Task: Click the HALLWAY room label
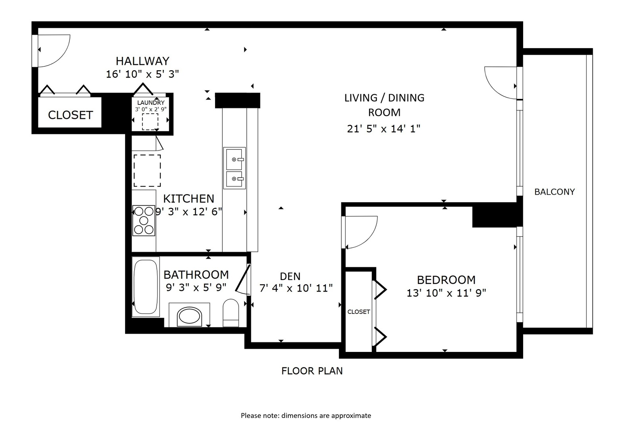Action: point(142,61)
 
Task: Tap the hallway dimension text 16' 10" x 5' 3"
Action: point(142,74)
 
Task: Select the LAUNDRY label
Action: point(151,103)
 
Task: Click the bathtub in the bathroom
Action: point(146,286)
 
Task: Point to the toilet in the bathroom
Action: point(231,313)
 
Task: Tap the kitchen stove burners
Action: point(143,220)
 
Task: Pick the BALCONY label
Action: point(554,191)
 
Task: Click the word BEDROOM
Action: point(446,280)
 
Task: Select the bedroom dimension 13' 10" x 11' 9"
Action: point(446,293)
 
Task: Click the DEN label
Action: point(290,276)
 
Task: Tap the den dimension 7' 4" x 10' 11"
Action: point(296,288)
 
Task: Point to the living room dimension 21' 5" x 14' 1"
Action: point(383,129)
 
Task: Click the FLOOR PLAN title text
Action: point(312,371)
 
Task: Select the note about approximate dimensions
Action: point(306,415)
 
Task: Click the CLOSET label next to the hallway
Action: point(70,115)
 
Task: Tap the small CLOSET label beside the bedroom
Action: point(359,312)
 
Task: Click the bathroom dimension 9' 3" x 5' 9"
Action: point(196,287)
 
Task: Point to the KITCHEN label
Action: point(189,199)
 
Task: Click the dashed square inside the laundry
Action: point(150,122)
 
